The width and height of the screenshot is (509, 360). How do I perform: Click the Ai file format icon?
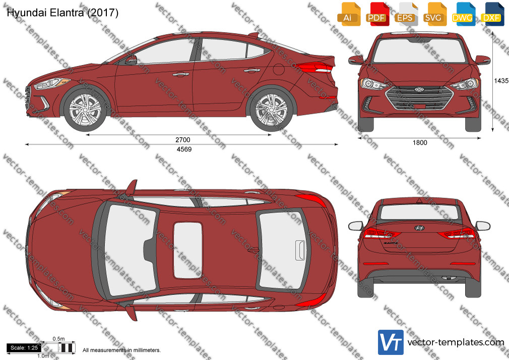[349, 14]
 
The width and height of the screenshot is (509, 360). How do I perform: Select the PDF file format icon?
[377, 14]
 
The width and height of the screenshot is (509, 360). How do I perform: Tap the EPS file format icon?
[406, 14]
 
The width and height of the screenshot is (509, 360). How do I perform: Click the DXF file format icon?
[492, 14]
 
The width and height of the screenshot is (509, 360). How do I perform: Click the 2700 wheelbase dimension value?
[183, 140]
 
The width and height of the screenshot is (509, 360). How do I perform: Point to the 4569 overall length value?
[184, 149]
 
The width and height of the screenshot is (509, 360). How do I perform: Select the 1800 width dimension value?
[420, 142]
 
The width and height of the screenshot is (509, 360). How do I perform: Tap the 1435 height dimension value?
[501, 81]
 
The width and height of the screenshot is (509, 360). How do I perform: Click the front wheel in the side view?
[85, 109]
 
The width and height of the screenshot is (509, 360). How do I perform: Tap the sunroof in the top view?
[187, 251]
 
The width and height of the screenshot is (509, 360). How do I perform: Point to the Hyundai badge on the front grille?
[419, 89]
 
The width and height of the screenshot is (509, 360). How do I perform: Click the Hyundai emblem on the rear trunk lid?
[419, 228]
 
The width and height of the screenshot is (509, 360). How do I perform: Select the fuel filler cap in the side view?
[279, 69]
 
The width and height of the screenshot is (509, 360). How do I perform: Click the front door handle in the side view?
[181, 75]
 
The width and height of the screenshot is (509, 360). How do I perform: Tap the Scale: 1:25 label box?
[24, 348]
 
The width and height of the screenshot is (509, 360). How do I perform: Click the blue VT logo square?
[391, 342]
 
